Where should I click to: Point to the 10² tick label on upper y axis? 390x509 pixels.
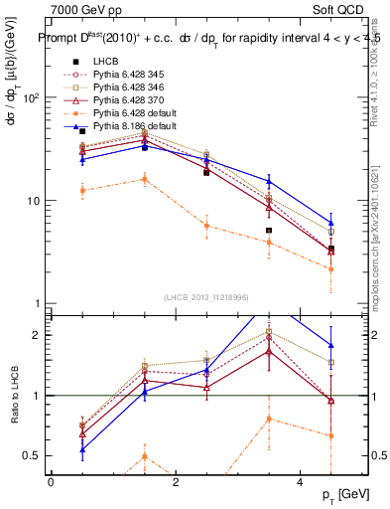coord(30,98)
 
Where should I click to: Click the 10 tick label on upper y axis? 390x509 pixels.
coord(33,201)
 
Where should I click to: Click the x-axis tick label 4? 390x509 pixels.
coord(301,481)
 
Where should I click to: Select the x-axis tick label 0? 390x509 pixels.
coord(51,481)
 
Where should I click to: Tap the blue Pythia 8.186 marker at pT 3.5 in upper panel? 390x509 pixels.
coord(269,181)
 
